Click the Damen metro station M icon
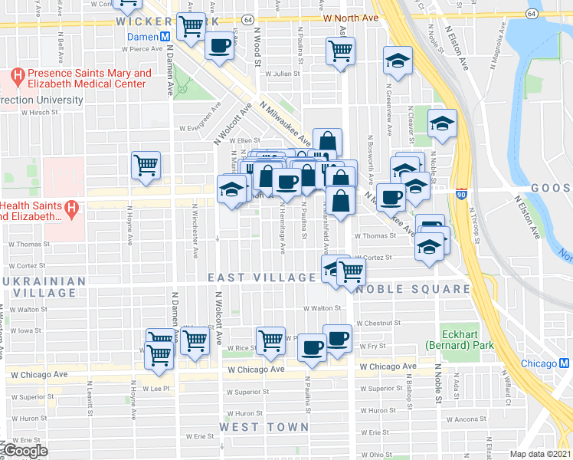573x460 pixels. click(165, 38)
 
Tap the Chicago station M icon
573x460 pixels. click(564, 363)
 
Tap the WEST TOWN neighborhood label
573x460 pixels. click(264, 426)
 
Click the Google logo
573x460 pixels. click(25, 451)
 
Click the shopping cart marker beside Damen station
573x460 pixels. click(191, 27)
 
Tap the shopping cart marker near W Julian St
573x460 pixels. click(340, 51)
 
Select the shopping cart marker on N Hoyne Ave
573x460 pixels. click(146, 165)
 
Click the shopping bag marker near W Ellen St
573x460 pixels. click(327, 142)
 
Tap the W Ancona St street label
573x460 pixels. click(478, 419)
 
